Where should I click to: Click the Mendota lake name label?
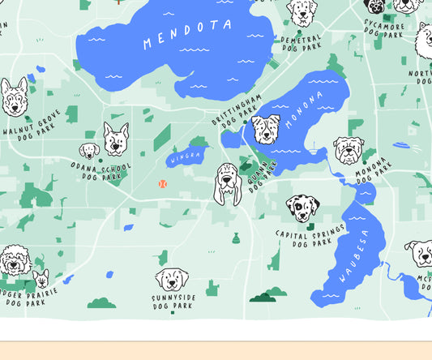click(187, 34)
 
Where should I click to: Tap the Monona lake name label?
click(303, 112)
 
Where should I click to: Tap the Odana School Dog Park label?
click(101, 171)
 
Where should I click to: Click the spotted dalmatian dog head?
click(302, 208)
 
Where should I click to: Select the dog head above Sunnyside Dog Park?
click(172, 279)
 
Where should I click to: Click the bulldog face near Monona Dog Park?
click(349, 149)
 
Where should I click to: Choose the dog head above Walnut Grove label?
click(14, 97)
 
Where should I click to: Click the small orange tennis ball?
click(162, 184)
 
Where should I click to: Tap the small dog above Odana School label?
click(89, 150)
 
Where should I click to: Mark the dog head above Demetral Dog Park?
click(302, 12)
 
